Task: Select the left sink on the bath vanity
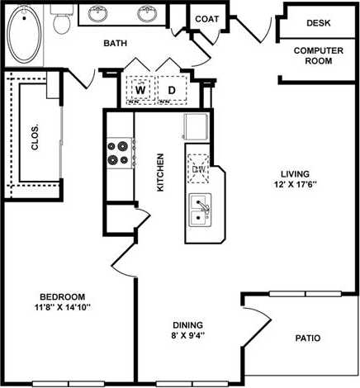[99, 14]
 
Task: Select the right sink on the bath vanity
[147, 14]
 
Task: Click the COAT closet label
[206, 18]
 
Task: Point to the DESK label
[318, 24]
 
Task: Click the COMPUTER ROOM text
[318, 55]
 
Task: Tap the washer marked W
[140, 89]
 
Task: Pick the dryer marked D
[172, 89]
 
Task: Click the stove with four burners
[119, 152]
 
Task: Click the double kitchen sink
[200, 210]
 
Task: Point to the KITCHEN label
[161, 173]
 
